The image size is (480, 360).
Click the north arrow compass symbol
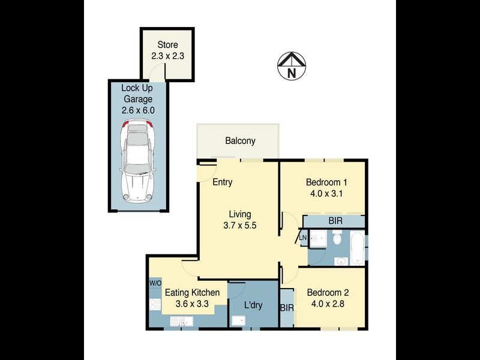(292, 66)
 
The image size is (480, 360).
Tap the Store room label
(167, 45)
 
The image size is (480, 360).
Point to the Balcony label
(240, 141)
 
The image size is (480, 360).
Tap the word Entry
(223, 182)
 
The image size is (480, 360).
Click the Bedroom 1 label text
(326, 182)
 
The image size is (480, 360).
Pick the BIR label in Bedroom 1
(335, 221)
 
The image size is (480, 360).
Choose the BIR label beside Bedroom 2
(287, 308)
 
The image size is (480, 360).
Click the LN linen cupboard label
(303, 238)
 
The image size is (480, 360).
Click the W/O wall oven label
(155, 283)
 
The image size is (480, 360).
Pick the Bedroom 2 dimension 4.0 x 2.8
(327, 304)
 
